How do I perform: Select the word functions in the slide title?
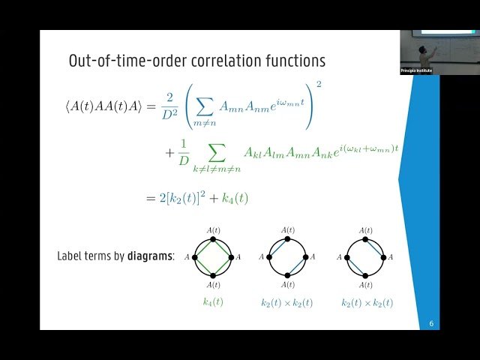pos(288,60)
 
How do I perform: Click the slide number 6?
pos(431,324)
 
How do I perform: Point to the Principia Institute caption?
pos(417,70)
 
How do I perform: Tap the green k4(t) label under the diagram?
pos(213,302)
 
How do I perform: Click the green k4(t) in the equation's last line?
pos(235,199)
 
